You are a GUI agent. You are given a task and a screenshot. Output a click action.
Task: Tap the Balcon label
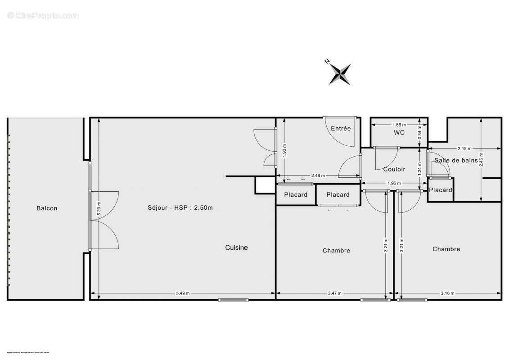pyautogui.click(x=47, y=208)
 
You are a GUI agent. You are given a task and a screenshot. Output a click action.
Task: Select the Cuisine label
pyautogui.click(x=236, y=247)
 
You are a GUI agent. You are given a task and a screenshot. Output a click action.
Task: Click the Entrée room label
pyautogui.click(x=341, y=128)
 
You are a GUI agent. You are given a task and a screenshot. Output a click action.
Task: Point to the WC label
pyautogui.click(x=399, y=132)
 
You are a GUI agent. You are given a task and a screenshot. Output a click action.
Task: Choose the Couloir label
pyautogui.click(x=394, y=170)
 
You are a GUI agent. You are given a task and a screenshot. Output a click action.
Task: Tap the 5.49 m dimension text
pyautogui.click(x=183, y=293)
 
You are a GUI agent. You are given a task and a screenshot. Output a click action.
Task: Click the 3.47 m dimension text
pyautogui.click(x=334, y=293)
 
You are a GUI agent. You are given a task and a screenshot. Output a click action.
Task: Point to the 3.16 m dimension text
pyautogui.click(x=448, y=293)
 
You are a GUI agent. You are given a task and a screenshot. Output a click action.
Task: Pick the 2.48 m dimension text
pyautogui.click(x=318, y=176)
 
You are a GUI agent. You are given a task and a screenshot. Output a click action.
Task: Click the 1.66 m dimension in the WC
pyautogui.click(x=399, y=125)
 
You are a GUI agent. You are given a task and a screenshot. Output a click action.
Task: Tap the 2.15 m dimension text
pyautogui.click(x=464, y=148)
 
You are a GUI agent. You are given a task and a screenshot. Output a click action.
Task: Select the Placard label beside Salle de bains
pyautogui.click(x=440, y=190)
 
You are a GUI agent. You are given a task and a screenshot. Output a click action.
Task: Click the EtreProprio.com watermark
pyautogui.click(x=43, y=16)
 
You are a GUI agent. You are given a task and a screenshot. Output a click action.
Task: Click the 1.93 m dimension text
pyautogui.click(x=284, y=150)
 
